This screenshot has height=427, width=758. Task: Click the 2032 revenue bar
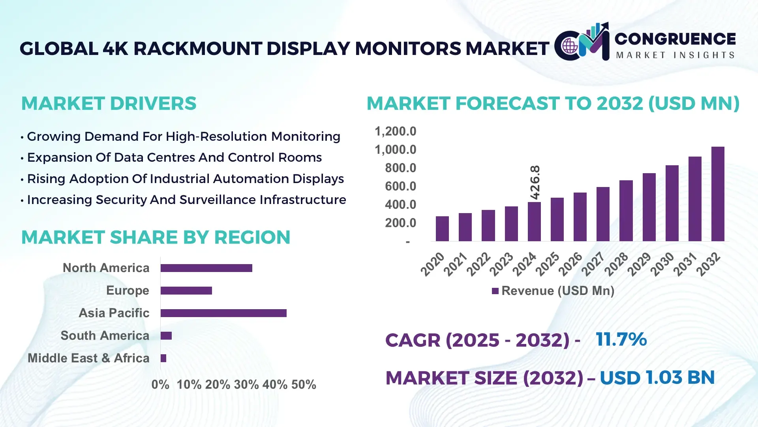click(x=718, y=194)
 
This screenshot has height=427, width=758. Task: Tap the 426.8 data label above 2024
click(x=535, y=182)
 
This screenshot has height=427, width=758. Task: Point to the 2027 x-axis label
click(x=593, y=264)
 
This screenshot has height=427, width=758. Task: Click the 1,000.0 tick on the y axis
click(x=395, y=150)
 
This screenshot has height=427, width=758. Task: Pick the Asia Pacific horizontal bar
click(x=223, y=313)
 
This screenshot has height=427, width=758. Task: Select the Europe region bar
click(x=186, y=291)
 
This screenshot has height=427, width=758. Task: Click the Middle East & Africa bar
click(x=163, y=358)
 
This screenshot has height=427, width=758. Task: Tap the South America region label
click(x=105, y=336)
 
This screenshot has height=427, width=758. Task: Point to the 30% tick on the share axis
click(x=246, y=385)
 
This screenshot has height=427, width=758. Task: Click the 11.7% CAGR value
click(x=621, y=339)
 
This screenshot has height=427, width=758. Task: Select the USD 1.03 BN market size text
click(x=657, y=378)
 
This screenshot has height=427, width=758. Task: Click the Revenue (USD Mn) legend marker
click(x=495, y=291)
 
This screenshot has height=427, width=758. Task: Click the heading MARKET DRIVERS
click(x=109, y=104)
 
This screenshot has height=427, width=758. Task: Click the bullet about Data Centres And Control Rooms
click(x=174, y=157)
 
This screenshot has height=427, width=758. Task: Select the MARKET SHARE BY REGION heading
click(x=156, y=237)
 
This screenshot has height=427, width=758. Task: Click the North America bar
click(x=206, y=268)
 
